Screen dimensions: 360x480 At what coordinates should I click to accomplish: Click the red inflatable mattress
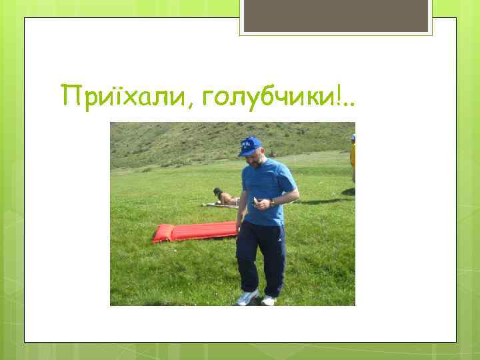pos(195,231)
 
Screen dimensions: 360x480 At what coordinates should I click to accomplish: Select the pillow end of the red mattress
pos(163,233)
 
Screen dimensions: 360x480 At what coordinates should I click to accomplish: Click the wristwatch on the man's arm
pos(272,201)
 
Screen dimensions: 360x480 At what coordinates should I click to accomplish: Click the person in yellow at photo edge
pos(352,157)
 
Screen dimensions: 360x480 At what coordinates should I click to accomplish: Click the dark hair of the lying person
pos(217,192)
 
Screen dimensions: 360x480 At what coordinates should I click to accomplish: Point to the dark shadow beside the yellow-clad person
pos(348,192)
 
